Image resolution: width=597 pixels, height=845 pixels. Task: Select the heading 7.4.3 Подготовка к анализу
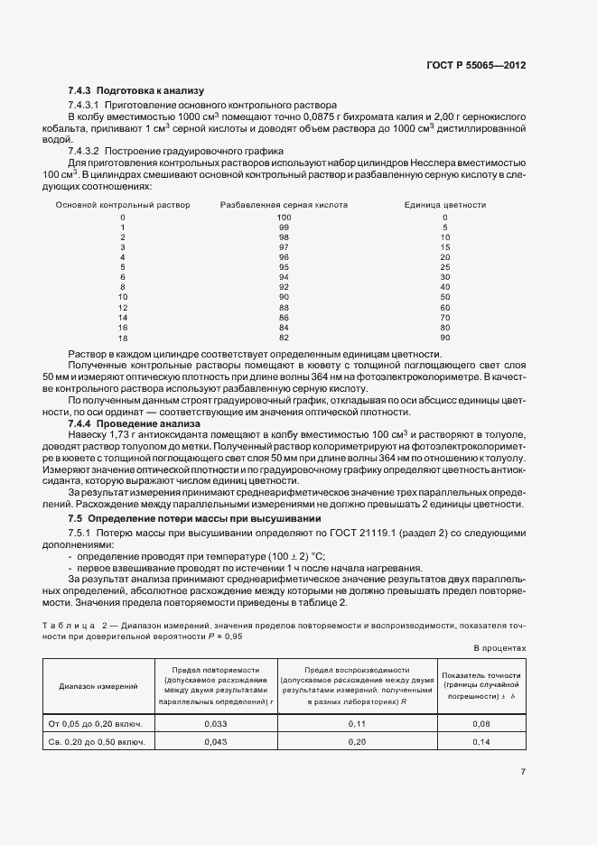(x=136, y=91)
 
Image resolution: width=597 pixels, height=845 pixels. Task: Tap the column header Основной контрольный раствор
(x=123, y=205)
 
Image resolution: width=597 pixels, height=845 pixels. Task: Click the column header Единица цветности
(x=445, y=205)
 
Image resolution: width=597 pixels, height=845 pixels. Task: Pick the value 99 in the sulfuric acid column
(x=284, y=227)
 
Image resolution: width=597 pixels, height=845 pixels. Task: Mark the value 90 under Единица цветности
(x=445, y=337)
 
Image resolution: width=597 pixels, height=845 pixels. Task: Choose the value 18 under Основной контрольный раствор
(x=123, y=337)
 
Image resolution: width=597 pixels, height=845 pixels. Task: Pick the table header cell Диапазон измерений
(x=98, y=686)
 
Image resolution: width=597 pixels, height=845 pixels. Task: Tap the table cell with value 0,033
(x=214, y=724)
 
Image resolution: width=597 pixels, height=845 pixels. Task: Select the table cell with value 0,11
(x=359, y=724)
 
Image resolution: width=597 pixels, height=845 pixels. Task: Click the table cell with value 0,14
(x=480, y=741)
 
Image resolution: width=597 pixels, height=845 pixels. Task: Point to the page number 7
(x=523, y=772)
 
